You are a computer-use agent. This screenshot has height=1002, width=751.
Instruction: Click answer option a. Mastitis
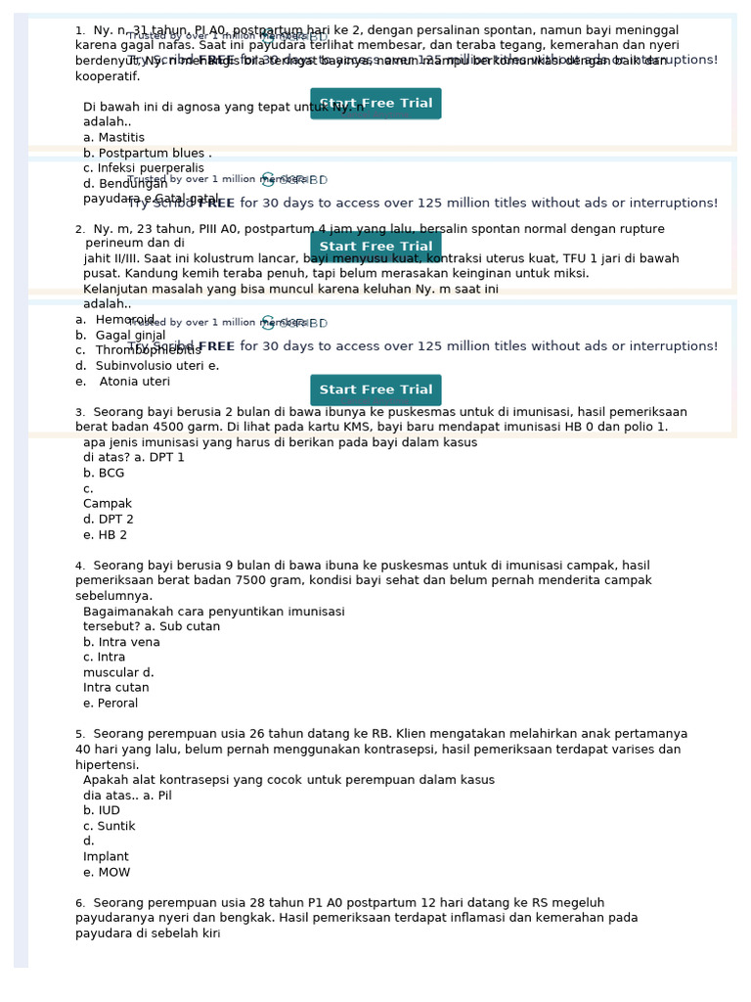(x=114, y=138)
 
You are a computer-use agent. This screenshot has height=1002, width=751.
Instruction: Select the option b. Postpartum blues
(x=147, y=154)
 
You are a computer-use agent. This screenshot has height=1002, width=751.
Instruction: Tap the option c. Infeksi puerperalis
(x=144, y=168)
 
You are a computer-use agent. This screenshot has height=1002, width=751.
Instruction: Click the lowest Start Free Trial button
(x=375, y=389)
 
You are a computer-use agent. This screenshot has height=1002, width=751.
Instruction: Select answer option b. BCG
(x=105, y=473)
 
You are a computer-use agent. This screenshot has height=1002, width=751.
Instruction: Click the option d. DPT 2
(x=109, y=520)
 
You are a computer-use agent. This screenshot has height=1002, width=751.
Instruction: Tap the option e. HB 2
(x=106, y=535)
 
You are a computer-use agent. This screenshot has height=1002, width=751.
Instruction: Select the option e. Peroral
(x=111, y=704)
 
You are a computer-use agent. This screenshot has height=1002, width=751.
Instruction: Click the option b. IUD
(x=103, y=810)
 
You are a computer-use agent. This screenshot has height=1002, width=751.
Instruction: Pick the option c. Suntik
(x=110, y=826)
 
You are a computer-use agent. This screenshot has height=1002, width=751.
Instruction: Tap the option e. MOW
(x=108, y=873)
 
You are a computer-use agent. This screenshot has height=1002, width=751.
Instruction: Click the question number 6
(x=80, y=903)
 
